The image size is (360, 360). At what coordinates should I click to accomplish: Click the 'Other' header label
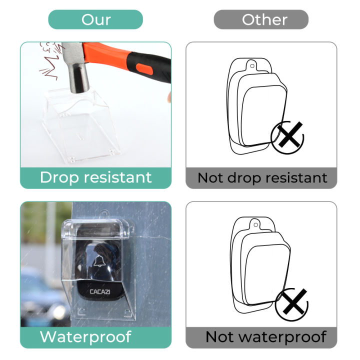264,19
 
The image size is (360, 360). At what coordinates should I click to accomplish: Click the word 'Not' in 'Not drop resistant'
209,177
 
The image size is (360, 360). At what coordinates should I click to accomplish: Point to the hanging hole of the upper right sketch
253,63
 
